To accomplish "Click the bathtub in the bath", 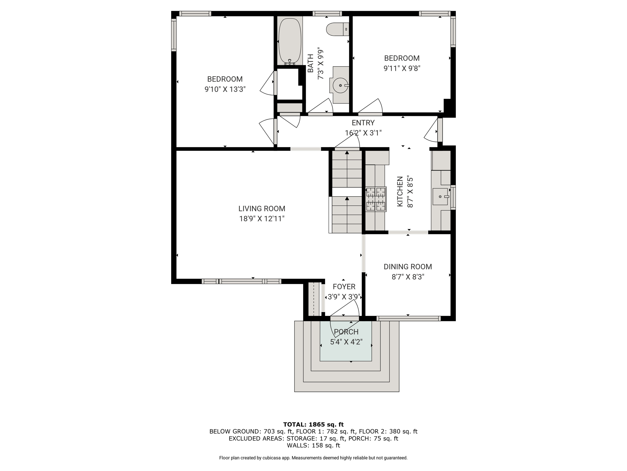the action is point(290,41).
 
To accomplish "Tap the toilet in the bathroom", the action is point(338,29).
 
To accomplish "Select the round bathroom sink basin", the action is point(340,85).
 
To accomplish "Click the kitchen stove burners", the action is point(376,199).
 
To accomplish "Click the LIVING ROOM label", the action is point(262,209).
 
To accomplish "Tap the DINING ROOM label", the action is point(408,267).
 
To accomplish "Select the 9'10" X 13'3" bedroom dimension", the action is point(225,89).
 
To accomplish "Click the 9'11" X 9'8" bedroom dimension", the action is point(402,68).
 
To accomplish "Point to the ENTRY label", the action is point(363,123).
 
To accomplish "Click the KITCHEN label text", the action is point(400,192).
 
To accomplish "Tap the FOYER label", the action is point(344,287).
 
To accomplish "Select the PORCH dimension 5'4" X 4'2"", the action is point(346,342).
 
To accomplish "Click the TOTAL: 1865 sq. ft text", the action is point(313,424).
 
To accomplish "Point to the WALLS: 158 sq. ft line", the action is point(313,445).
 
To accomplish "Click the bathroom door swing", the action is point(320,107).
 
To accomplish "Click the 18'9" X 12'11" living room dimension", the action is point(262,219).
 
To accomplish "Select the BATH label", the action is point(310,63).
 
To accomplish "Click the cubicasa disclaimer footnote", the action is point(313,458).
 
